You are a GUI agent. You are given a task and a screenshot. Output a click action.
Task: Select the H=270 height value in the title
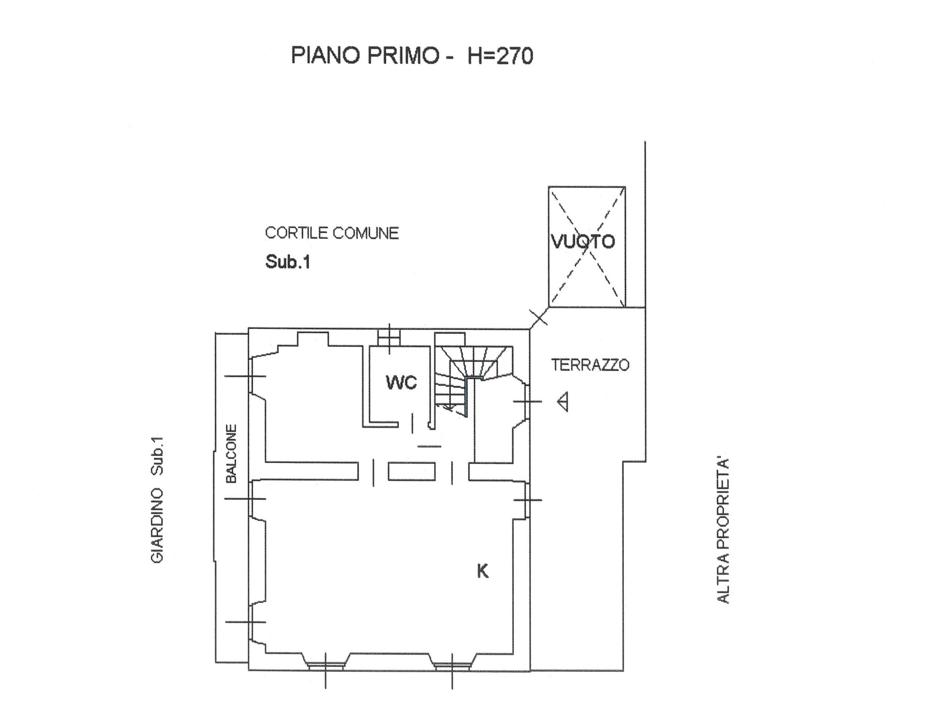coord(500,55)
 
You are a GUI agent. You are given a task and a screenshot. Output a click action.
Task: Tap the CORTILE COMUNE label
coord(332,233)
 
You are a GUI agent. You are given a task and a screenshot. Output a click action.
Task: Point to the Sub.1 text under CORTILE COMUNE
coord(288,261)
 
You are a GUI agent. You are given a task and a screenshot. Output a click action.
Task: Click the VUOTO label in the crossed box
coord(583,242)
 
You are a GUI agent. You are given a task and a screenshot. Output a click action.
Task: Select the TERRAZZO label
coord(590,365)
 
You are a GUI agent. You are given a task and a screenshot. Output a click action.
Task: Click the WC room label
coord(401,382)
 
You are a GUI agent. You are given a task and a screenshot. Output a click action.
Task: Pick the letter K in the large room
coord(482,571)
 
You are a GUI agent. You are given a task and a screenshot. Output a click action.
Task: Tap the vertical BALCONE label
coord(231,454)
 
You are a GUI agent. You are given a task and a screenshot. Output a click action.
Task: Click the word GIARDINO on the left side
coord(157,525)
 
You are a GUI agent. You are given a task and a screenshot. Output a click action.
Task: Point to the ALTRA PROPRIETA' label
coord(723,530)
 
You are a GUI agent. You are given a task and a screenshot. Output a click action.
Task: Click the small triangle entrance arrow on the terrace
coord(562,402)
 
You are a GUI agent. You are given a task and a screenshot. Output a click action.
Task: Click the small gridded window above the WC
coord(389,338)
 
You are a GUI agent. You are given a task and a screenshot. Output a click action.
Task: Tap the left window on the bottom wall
coord(325,666)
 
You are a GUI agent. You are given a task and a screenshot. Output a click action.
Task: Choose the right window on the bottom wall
coord(452,666)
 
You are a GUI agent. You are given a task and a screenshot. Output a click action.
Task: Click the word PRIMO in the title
coord(403,55)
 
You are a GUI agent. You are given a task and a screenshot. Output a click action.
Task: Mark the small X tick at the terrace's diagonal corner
coord(539,317)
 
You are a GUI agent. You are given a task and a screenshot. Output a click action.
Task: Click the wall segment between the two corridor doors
coord(412,472)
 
